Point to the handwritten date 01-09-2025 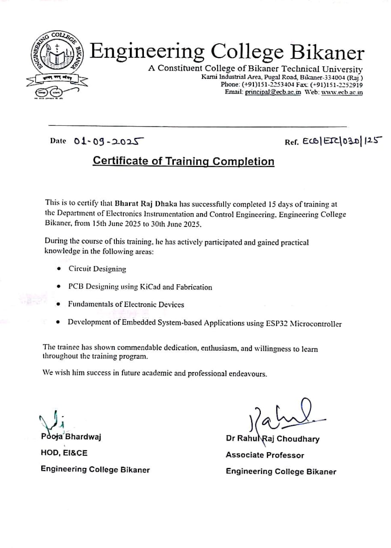click(x=109, y=141)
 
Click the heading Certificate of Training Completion click(x=183, y=161)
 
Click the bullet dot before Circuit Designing click(x=59, y=269)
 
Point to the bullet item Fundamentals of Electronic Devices click(x=126, y=304)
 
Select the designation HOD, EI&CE click(x=64, y=453)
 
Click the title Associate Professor click(x=265, y=455)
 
